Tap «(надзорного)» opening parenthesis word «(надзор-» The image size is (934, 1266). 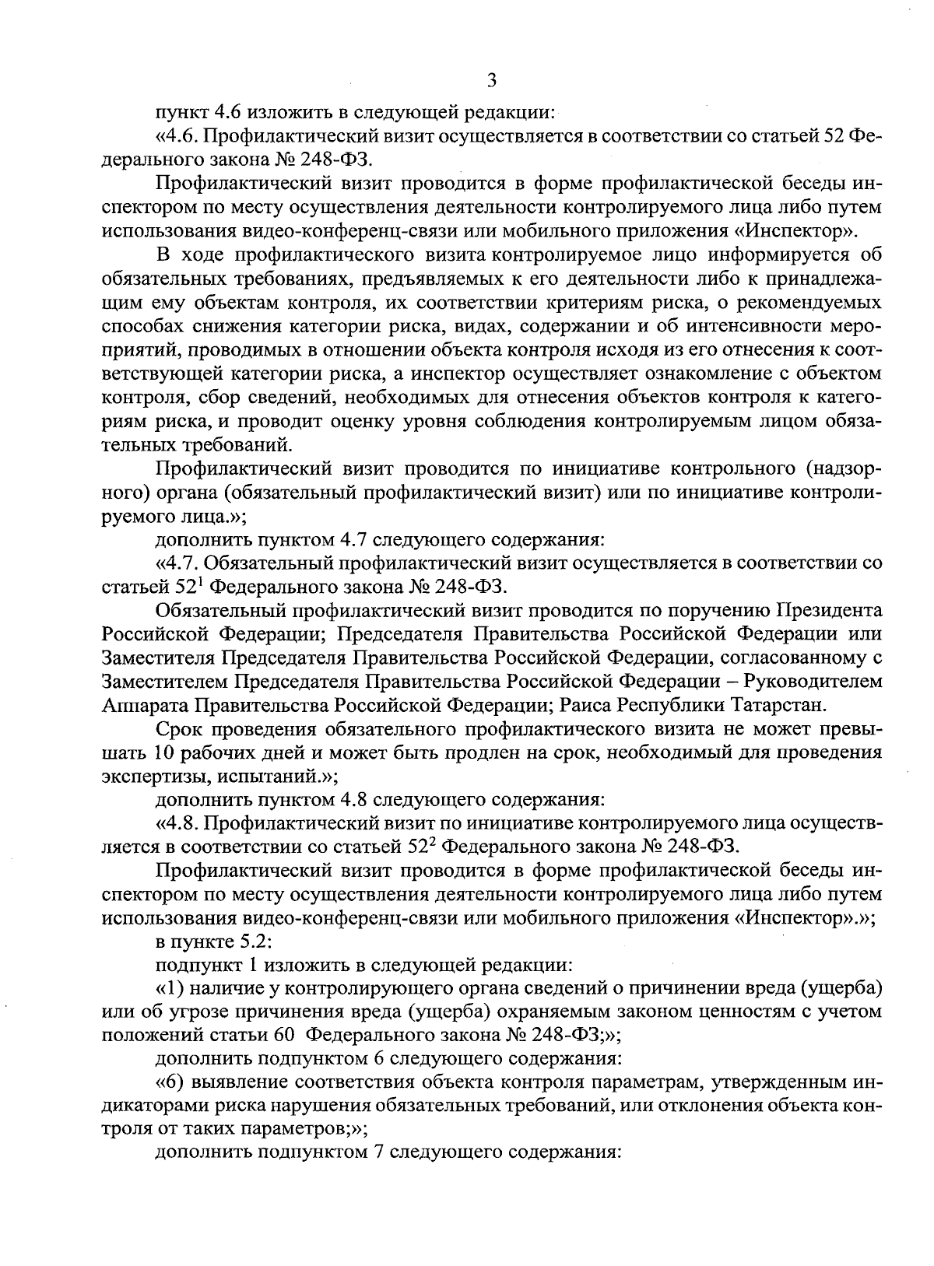pyautogui.click(x=844, y=468)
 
